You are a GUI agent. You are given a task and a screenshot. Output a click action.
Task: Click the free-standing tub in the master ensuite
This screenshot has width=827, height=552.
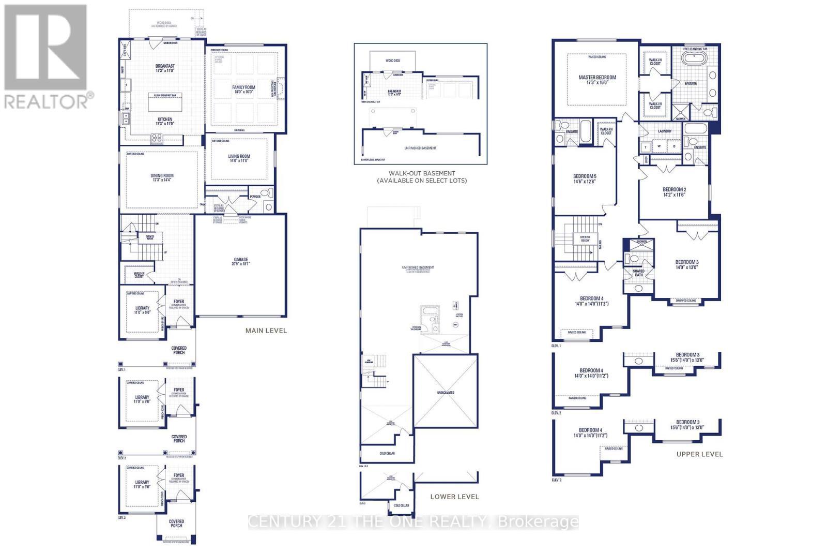[x=691, y=57]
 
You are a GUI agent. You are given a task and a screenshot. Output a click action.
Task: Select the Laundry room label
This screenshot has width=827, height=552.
[x=665, y=131]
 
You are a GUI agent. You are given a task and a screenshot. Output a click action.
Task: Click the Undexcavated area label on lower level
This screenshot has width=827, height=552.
[x=445, y=393]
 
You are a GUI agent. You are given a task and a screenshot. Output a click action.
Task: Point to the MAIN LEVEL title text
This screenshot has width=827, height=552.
[x=266, y=331]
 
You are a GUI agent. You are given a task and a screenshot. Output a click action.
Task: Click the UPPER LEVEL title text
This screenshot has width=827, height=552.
[x=699, y=454]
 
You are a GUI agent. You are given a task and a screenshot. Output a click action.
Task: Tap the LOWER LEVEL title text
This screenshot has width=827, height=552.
[x=454, y=497]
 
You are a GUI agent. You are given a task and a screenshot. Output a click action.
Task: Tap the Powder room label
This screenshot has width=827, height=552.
[x=255, y=197]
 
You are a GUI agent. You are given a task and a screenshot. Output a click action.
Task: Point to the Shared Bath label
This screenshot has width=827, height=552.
[x=639, y=273]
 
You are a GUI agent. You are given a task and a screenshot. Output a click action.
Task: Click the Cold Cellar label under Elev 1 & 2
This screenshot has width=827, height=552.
[x=387, y=454]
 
